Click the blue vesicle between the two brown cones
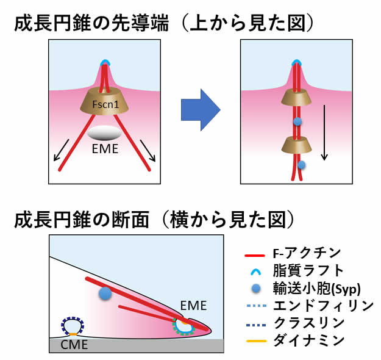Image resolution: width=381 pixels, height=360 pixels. tap(297, 122)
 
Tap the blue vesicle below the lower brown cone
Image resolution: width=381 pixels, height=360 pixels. tap(301, 165)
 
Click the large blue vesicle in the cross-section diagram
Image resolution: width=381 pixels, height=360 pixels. tap(106, 293)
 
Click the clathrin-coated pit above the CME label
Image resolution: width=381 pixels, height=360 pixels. tap(72, 326)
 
